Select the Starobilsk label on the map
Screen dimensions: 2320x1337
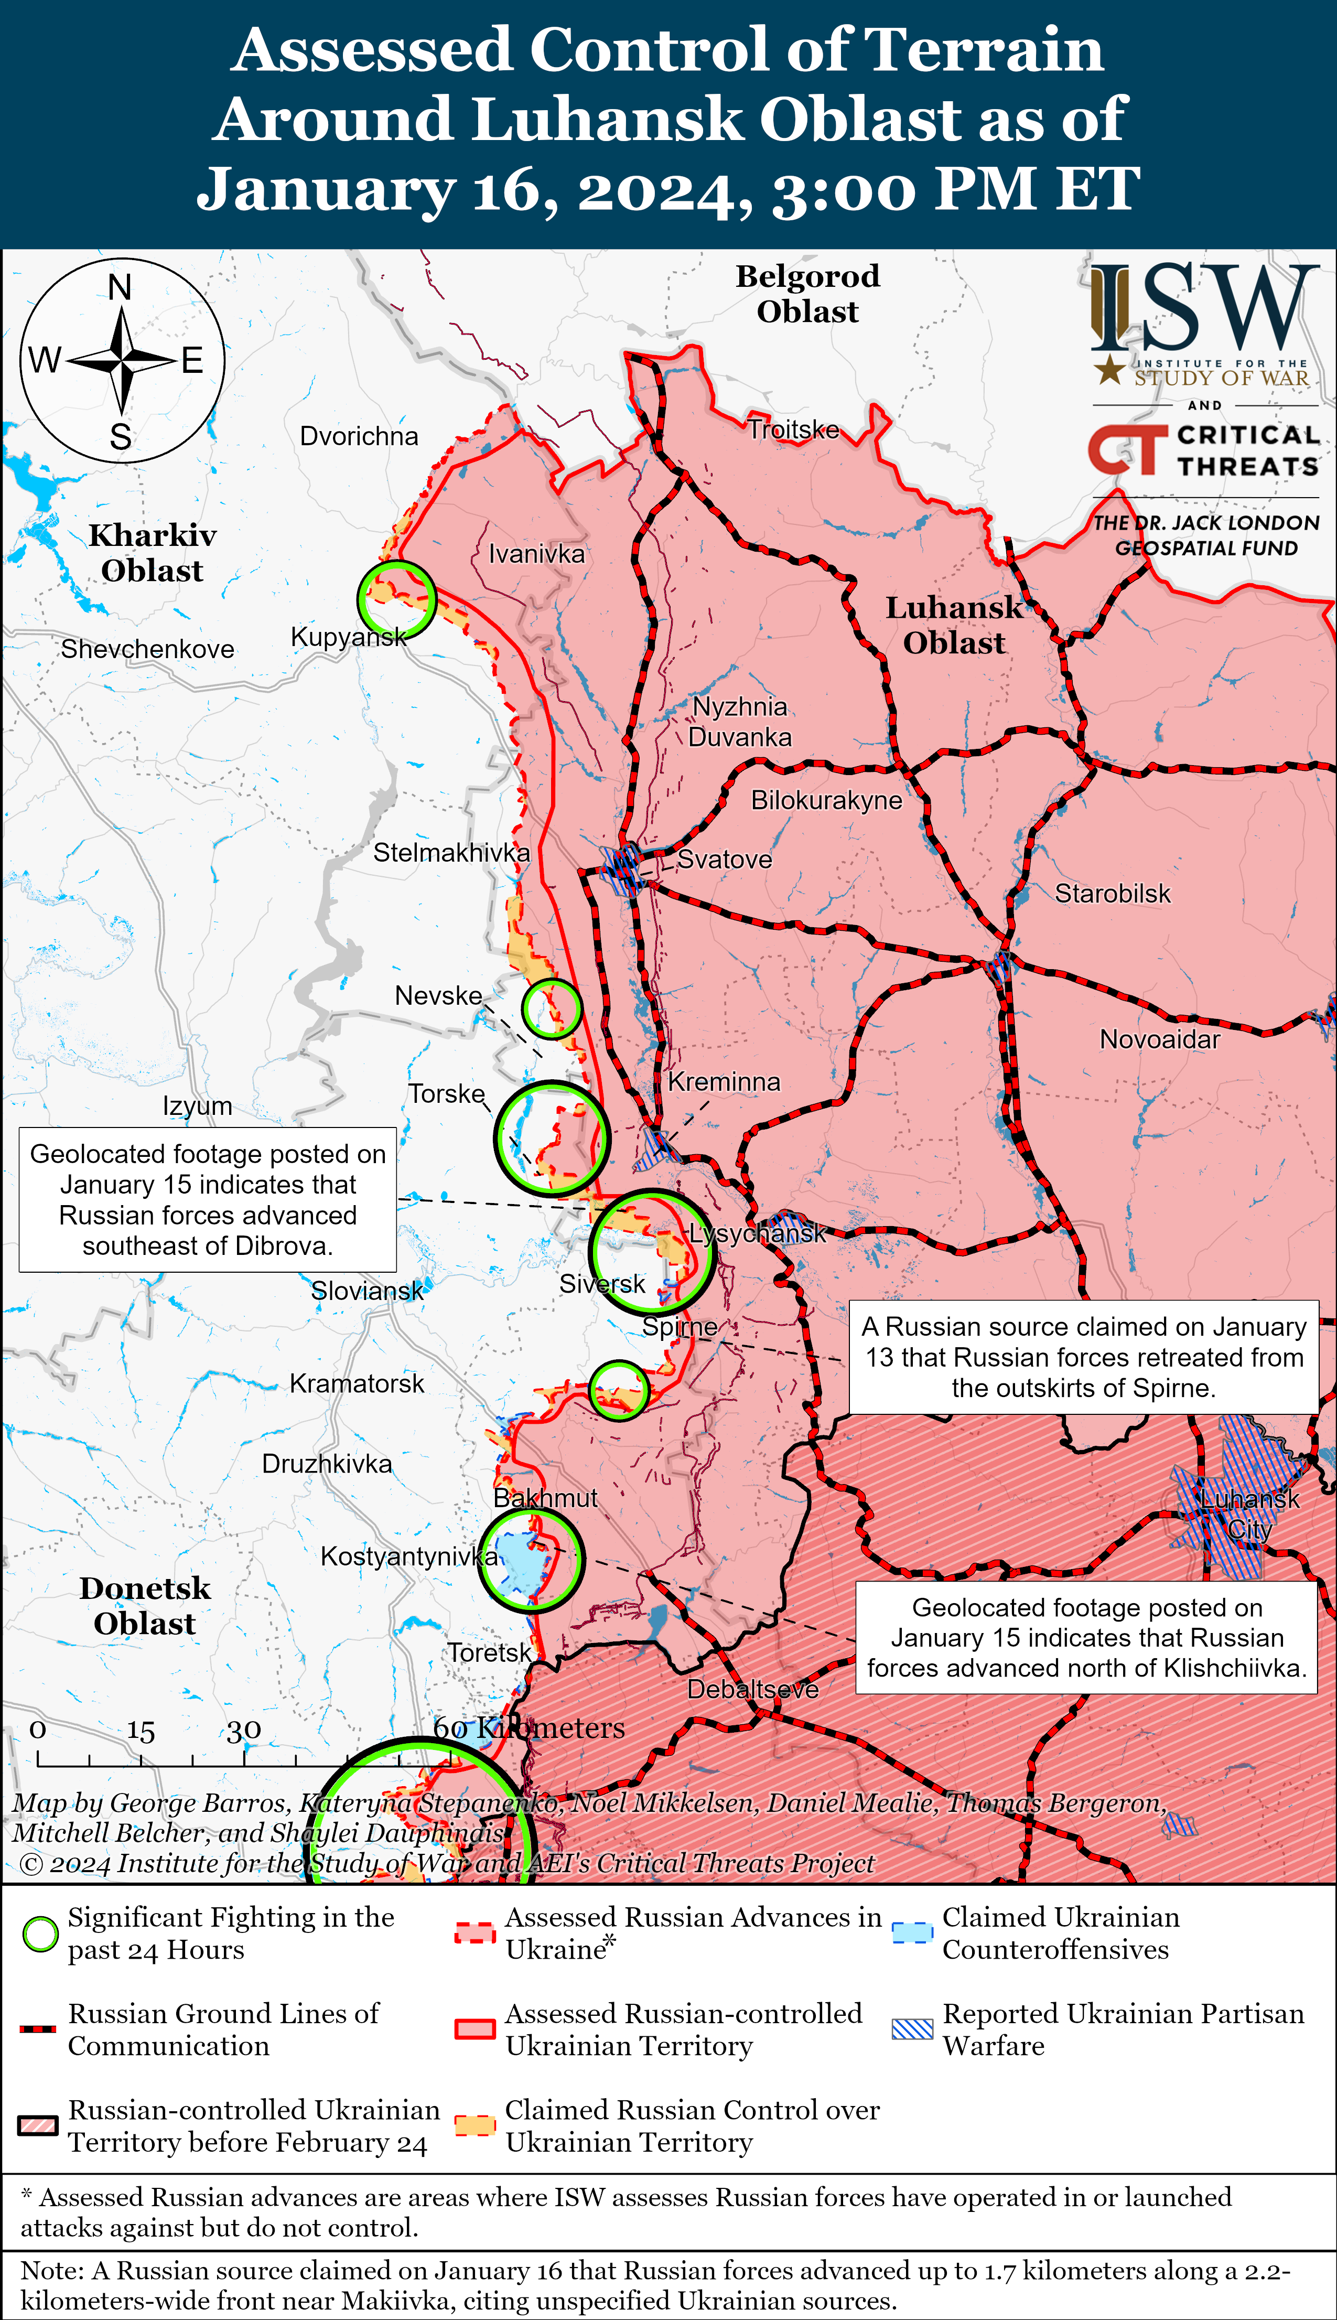(1112, 894)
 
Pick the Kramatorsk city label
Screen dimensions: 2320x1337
(357, 1383)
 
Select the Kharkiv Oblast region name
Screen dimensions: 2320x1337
(153, 553)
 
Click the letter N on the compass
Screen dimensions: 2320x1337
(120, 287)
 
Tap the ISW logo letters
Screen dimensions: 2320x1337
(1203, 308)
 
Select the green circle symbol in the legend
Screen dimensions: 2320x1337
(40, 1934)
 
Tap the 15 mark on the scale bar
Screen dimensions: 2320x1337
(141, 1731)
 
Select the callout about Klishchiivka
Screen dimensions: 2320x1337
(1086, 1638)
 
